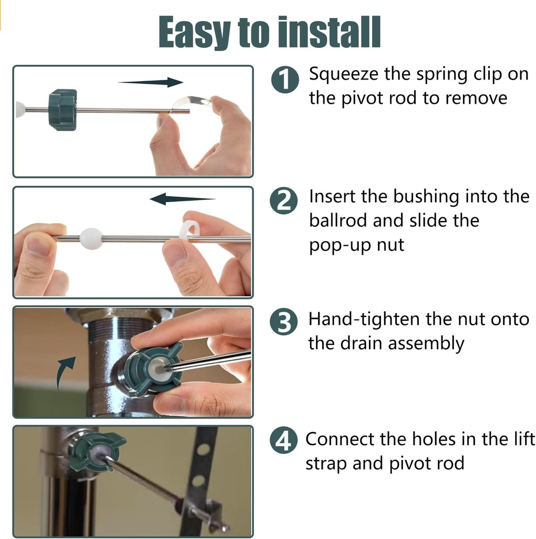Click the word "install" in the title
point(329,32)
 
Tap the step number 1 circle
point(285,79)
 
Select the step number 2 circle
point(283,201)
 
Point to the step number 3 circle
point(283,322)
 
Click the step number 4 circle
point(283,441)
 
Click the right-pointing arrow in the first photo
point(150,83)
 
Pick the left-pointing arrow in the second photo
point(182,199)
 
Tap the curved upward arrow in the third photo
point(66,373)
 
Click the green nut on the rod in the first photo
point(63,110)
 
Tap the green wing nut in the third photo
point(153,368)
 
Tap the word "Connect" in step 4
point(339,439)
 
